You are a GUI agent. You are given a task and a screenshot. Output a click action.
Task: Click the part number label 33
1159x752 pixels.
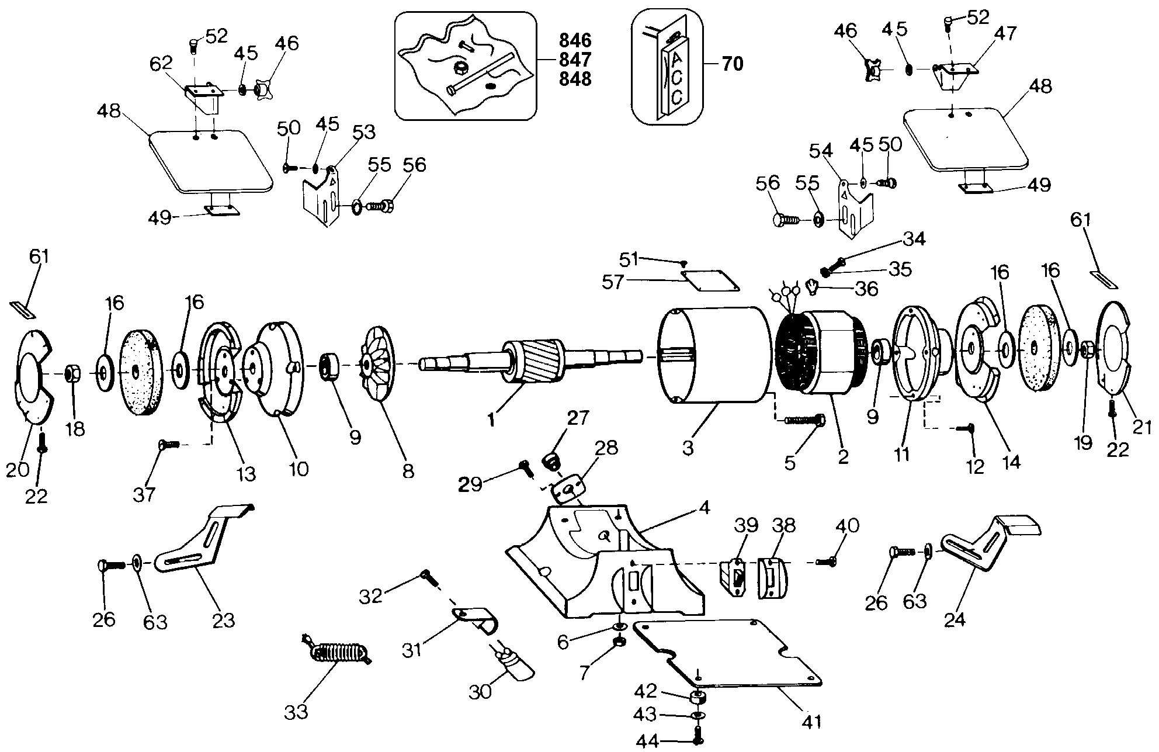(x=296, y=712)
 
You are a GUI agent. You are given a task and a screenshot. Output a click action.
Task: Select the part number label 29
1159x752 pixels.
(x=470, y=484)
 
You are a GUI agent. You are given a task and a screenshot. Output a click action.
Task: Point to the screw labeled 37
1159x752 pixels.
(x=168, y=445)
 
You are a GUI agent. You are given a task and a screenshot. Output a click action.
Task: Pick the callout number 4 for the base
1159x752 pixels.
(x=705, y=508)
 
